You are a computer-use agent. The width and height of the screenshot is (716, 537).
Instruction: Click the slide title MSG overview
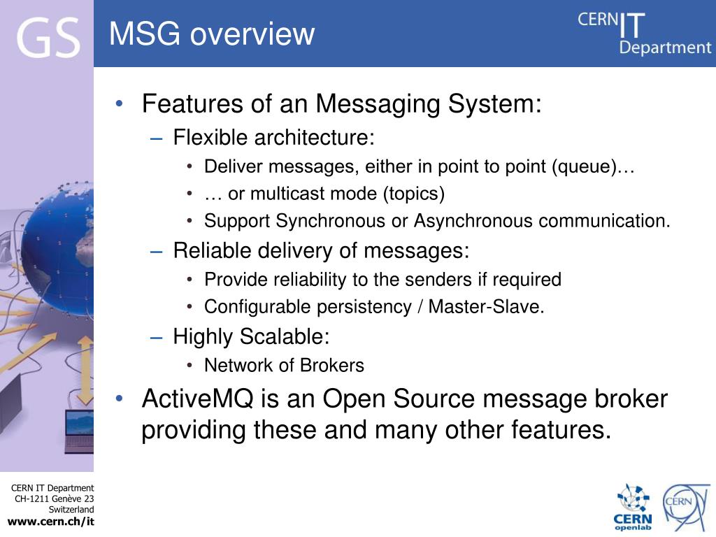[212, 34]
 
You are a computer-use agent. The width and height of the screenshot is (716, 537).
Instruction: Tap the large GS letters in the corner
[48, 38]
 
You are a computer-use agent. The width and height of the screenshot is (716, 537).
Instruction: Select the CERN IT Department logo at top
[643, 33]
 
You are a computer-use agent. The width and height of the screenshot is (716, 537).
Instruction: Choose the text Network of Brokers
[284, 366]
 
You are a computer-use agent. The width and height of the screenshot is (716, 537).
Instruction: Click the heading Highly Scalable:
[251, 337]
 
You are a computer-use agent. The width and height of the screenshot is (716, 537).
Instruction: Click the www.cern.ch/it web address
[50, 522]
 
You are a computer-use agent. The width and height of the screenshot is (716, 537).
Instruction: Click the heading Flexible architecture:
[274, 138]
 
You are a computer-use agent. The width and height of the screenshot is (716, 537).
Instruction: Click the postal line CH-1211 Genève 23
[55, 499]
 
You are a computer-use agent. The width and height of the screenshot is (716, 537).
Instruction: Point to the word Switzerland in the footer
[71, 510]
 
